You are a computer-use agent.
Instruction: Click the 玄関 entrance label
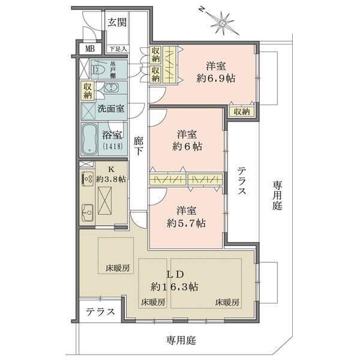[117, 23]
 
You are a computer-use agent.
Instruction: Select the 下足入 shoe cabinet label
[117, 49]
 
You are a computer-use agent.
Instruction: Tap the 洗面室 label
[111, 109]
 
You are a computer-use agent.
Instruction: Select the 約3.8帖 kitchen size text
[112, 178]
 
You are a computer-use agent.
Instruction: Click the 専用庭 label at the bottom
[181, 340]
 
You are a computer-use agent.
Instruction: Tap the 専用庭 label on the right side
[277, 195]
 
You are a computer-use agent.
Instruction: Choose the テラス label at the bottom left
[100, 313]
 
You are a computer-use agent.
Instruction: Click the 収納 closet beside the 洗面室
[88, 91]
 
